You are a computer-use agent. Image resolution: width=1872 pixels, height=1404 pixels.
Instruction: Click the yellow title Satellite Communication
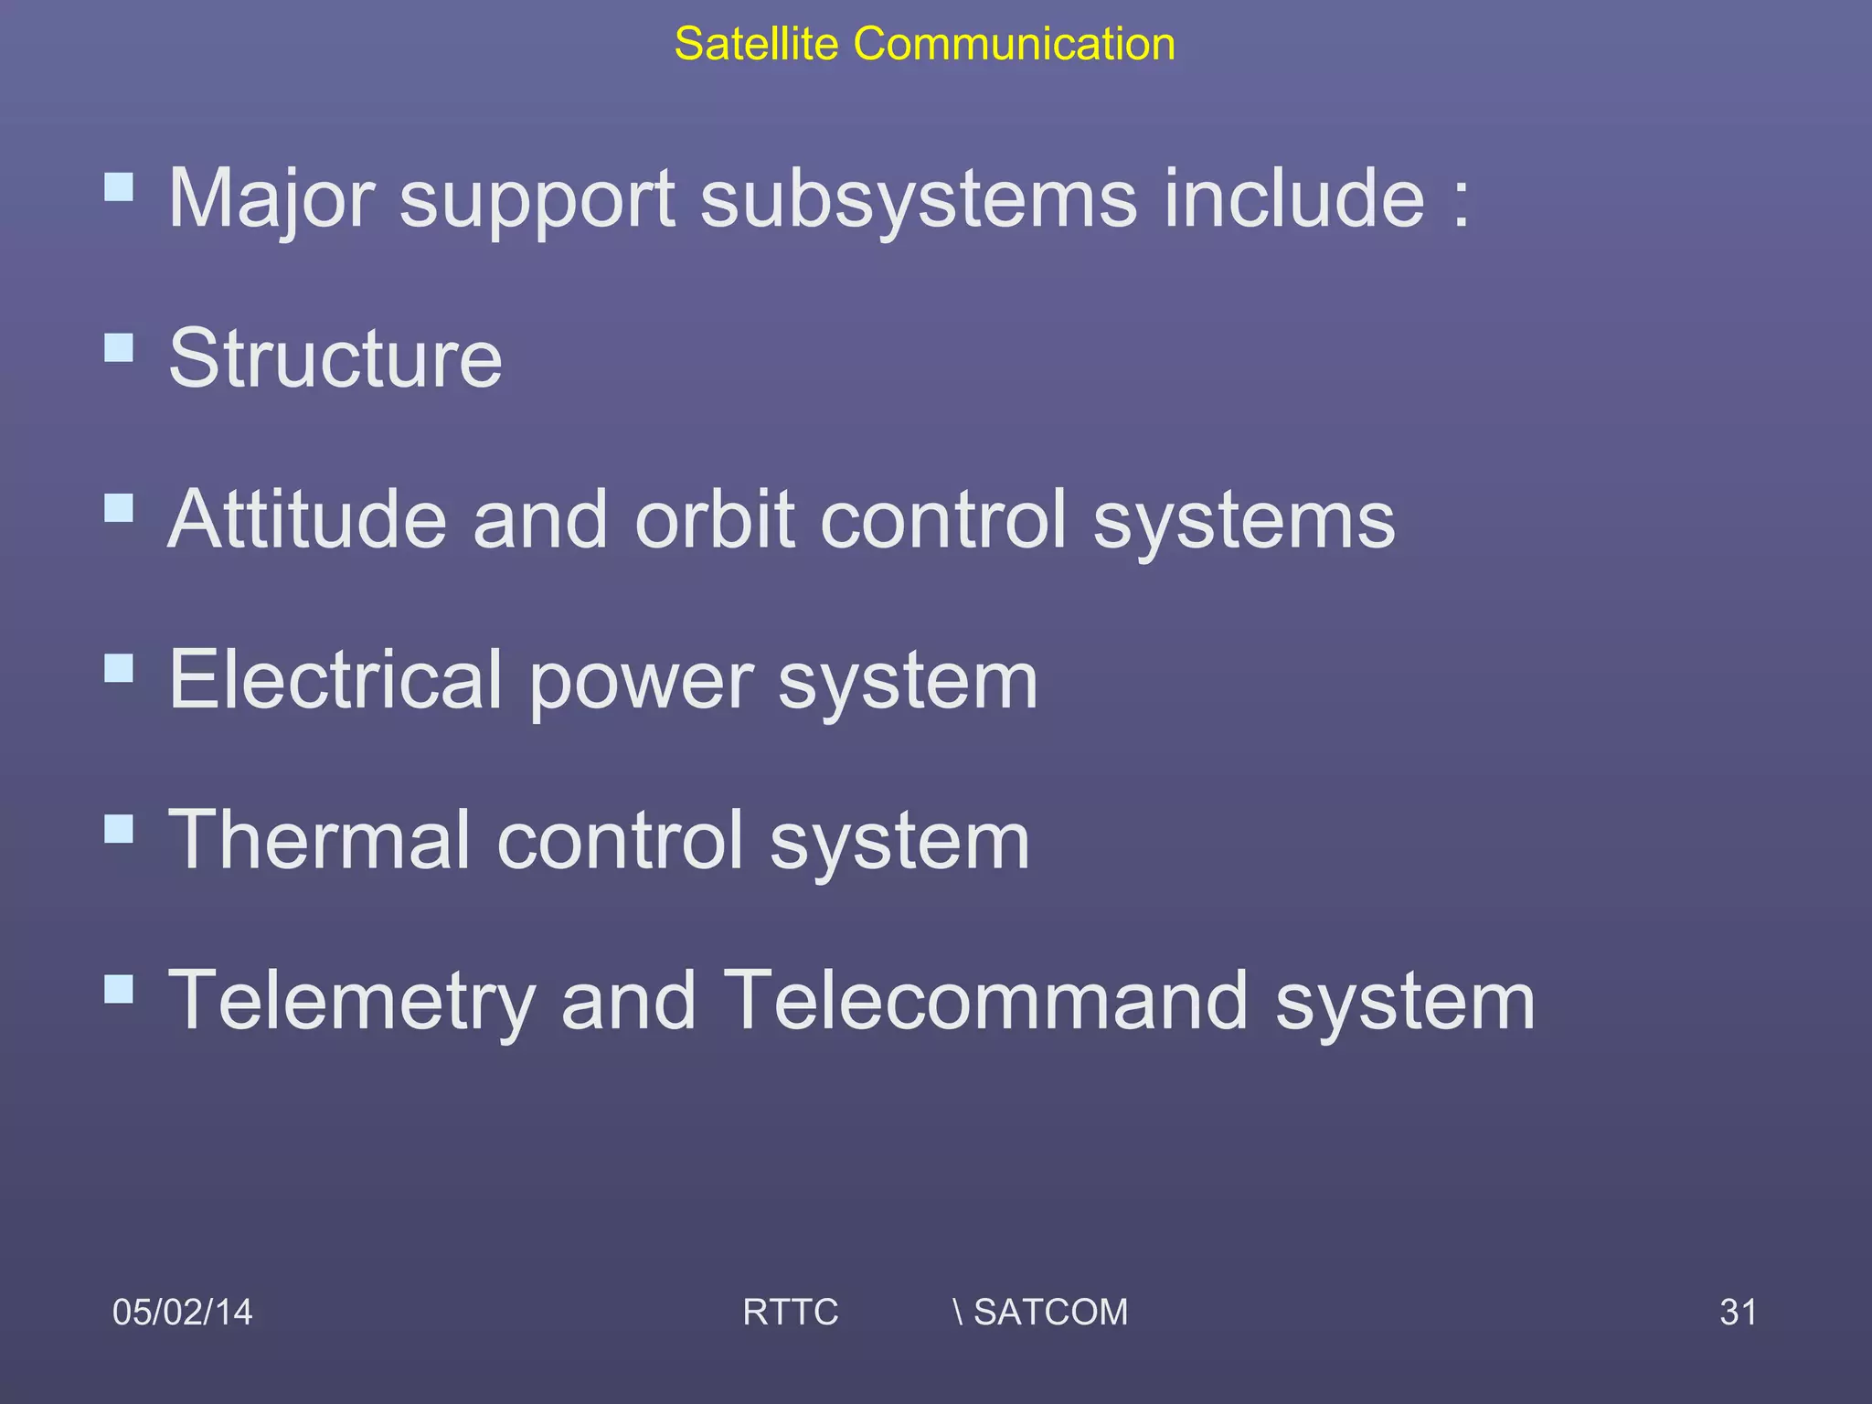tap(924, 44)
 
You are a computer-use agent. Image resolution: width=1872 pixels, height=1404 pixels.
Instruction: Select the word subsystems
tap(919, 198)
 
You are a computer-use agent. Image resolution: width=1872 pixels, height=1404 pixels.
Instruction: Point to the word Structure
tap(335, 358)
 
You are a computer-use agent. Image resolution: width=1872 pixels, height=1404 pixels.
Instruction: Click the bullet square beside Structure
tap(119, 347)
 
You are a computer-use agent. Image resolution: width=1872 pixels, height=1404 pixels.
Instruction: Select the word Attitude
tap(307, 519)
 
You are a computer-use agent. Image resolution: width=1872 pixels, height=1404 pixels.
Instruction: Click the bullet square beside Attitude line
tap(119, 508)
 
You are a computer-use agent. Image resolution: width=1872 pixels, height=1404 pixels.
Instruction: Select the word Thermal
tap(320, 840)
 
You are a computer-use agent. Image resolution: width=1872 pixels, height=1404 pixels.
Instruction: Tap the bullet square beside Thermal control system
tap(119, 829)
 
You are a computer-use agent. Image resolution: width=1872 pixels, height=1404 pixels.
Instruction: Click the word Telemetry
tap(352, 1001)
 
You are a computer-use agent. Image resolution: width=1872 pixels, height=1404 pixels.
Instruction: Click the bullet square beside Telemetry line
tap(119, 989)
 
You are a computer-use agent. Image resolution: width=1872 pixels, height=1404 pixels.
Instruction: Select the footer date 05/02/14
tap(182, 1312)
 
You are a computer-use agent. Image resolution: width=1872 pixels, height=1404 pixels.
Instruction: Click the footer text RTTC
tap(790, 1312)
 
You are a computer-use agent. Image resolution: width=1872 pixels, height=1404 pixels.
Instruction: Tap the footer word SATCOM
tap(1050, 1312)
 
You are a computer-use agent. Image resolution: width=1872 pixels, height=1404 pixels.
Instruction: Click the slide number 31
tap(1737, 1312)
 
